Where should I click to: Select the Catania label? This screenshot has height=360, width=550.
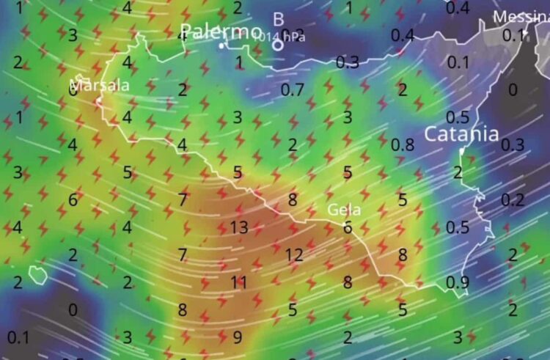[462, 134]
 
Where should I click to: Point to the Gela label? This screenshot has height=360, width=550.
[343, 210]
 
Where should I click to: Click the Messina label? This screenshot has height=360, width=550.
[521, 17]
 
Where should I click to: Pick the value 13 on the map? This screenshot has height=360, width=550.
[239, 227]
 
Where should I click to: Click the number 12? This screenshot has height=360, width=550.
[294, 255]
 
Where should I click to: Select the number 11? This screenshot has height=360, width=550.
[239, 282]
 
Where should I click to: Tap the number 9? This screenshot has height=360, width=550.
[237, 337]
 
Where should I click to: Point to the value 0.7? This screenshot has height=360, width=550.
[293, 90]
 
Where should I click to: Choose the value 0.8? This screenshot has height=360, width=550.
[403, 144]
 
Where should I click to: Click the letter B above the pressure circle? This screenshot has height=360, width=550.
[278, 20]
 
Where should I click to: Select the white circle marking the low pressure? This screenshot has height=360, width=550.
[278, 45]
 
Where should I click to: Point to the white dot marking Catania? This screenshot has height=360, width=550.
[461, 151]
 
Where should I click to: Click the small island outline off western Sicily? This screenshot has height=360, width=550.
[37, 275]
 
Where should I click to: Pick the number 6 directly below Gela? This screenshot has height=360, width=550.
[348, 227]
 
